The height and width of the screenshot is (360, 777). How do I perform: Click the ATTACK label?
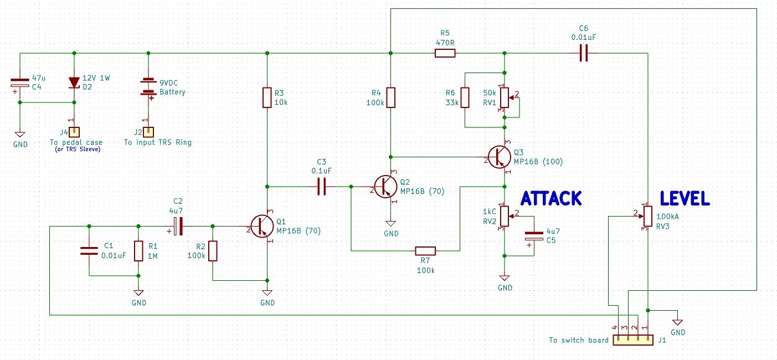point(551,198)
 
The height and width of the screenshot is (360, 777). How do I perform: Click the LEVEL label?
point(685,198)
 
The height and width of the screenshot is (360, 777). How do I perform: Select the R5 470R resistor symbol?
point(445,53)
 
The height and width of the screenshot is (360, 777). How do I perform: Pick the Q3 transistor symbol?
point(500,157)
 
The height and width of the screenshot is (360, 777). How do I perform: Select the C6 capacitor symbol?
point(583,53)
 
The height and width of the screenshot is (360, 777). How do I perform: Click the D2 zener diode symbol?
point(74,83)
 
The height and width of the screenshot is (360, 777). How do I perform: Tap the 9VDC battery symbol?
point(148,87)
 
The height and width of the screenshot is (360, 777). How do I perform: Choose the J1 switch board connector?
point(633,339)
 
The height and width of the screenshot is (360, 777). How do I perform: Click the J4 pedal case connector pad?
point(74,132)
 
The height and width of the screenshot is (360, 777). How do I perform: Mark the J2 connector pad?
point(148,132)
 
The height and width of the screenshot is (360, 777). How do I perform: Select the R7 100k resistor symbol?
point(425,251)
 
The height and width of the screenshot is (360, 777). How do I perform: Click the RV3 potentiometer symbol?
point(647,215)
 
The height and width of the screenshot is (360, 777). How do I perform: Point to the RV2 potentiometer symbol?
point(504,216)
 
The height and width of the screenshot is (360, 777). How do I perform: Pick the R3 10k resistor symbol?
point(267,97)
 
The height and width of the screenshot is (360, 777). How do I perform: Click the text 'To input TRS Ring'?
point(157,142)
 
